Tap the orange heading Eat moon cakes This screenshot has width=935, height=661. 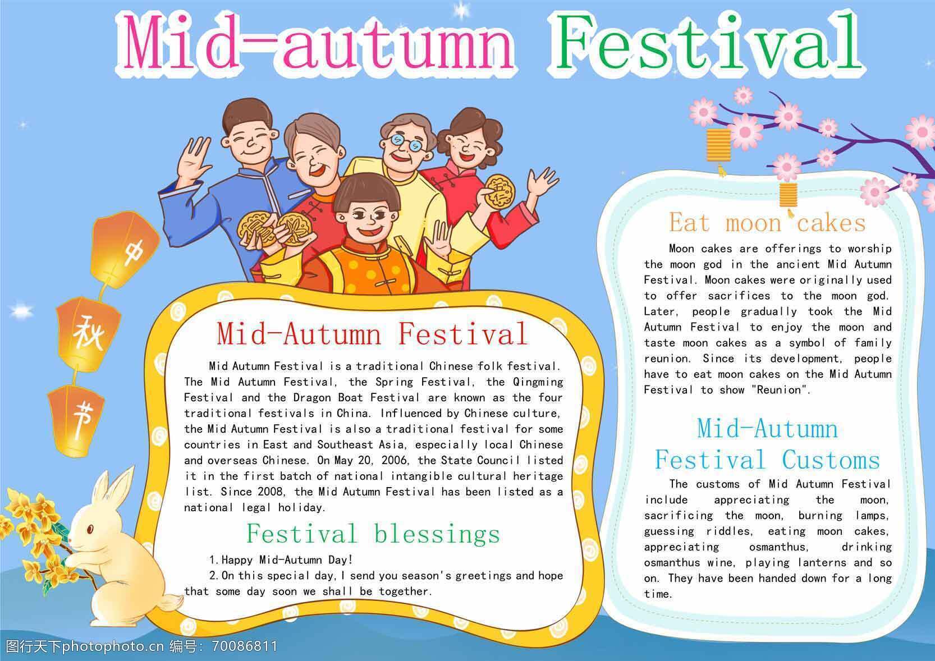767,222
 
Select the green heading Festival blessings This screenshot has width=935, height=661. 373,534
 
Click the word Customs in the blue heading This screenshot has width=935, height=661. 831,460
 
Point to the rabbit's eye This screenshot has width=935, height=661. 90,530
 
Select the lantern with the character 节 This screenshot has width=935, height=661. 77,420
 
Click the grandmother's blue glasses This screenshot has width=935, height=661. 403,143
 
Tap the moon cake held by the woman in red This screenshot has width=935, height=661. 499,192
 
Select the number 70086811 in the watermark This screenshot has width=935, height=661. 245,646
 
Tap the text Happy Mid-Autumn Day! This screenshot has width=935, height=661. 287,559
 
